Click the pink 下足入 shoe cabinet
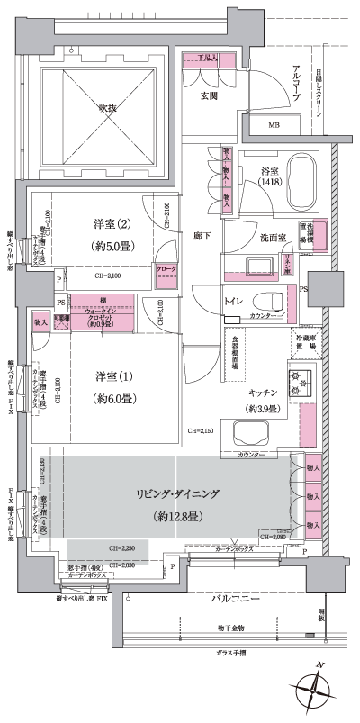(x=209, y=59)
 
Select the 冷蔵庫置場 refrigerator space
(x=305, y=340)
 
